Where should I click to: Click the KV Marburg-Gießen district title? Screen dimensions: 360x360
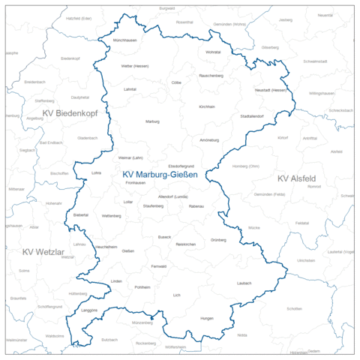[160, 175]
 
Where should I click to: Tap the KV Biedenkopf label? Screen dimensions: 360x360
[70, 112]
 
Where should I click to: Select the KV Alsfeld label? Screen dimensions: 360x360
[296, 178]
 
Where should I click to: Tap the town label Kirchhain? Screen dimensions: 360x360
[207, 106]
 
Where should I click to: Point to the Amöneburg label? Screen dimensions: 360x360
[209, 140]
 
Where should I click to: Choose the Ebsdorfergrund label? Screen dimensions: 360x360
[181, 166]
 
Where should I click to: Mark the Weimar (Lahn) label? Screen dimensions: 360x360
[130, 157]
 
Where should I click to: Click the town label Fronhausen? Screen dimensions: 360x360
[135, 183]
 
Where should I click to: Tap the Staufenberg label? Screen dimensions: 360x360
[153, 205]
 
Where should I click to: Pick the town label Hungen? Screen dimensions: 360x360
[207, 319]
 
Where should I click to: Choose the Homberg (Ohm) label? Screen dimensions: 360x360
[245, 166]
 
